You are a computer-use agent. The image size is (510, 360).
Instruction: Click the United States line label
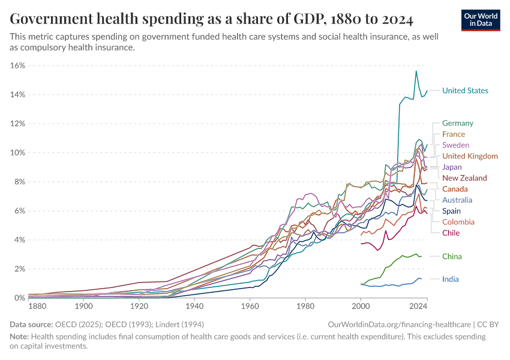point(465,91)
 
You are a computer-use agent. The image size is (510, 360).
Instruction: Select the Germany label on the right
point(458,124)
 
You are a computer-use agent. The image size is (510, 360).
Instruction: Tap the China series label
point(452,257)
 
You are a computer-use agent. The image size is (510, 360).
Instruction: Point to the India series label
point(451,280)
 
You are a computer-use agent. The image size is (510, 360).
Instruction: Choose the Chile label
point(451,233)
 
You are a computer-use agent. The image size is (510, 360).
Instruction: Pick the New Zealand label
point(464,178)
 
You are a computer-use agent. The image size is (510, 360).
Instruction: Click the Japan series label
point(452,167)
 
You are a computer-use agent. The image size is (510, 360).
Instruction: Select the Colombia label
point(458,222)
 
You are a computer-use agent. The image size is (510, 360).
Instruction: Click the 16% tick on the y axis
point(17,65)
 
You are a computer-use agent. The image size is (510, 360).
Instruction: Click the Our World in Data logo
point(481,20)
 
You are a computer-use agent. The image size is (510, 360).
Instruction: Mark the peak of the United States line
point(416,71)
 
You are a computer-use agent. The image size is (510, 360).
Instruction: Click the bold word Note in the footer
point(19,337)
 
